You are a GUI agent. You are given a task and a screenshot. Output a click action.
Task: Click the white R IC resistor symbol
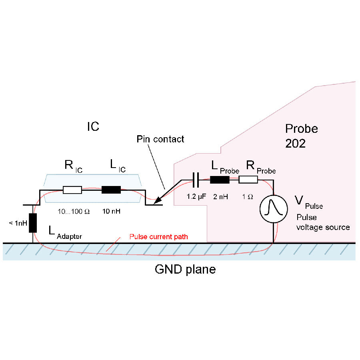[x=72, y=190]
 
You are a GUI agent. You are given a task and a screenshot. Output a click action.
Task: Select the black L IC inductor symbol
[x=111, y=190]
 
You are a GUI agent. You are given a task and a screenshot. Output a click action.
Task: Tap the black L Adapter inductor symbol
[x=33, y=223]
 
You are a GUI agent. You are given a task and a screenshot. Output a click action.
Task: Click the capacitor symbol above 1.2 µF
[x=196, y=180]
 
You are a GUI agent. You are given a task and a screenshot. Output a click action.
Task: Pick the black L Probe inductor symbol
[x=220, y=180]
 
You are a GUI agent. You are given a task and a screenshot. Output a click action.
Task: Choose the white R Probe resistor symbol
[x=248, y=180]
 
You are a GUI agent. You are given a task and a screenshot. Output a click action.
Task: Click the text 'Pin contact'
[x=160, y=139]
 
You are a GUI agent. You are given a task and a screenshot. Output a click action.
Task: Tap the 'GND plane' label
[x=185, y=269]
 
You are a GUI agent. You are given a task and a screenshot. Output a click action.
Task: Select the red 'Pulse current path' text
[x=158, y=237]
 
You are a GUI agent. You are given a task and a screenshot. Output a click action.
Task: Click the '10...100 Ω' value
[x=72, y=211]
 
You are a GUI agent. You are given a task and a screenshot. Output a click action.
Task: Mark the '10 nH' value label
[x=112, y=211]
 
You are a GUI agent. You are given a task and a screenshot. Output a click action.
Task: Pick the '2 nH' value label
[x=221, y=197]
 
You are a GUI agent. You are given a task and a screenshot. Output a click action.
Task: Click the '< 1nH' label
[x=18, y=223]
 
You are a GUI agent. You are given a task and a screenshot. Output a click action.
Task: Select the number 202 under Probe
[x=295, y=143]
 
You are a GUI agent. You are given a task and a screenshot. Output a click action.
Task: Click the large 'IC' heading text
[x=93, y=127]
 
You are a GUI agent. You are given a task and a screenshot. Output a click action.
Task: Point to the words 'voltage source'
[x=323, y=227]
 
